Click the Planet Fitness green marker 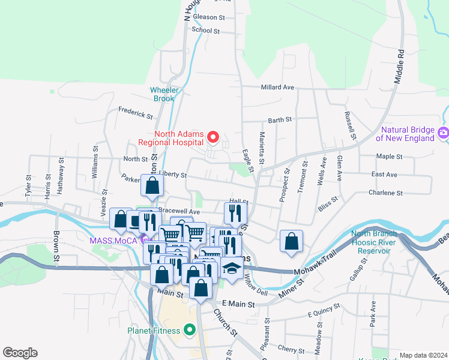pos(190,329)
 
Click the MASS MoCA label pos(113,241)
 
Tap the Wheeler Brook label pos(164,94)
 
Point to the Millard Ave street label pos(277,87)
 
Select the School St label pos(206,31)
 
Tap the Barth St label pos(280,120)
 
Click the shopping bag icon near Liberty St pos(152,185)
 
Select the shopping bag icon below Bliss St pos(291,242)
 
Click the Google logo pos(20,353)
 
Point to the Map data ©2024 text pos(423,355)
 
